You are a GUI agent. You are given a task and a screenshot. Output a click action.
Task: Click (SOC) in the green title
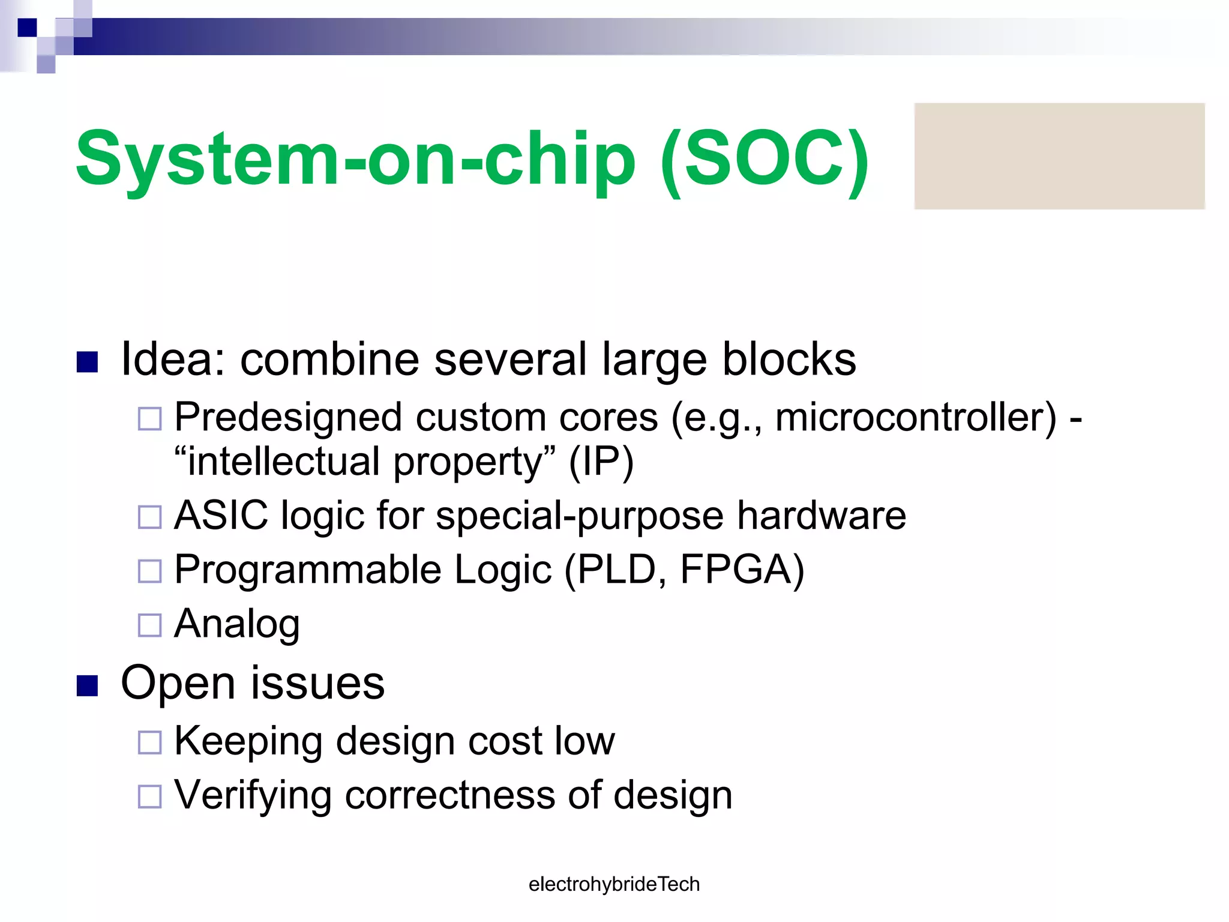coord(764,159)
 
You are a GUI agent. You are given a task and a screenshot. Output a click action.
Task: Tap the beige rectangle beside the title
coord(1059,156)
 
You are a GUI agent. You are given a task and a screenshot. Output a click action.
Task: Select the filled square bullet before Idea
coord(88,362)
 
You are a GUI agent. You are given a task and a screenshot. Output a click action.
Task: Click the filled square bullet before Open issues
coord(88,685)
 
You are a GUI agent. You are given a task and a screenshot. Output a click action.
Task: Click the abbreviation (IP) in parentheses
coord(601,462)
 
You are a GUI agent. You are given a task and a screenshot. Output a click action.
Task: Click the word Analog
coord(237,624)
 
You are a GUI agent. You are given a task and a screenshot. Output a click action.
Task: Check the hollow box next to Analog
coord(150,625)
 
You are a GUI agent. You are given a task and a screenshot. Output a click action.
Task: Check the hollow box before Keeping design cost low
coord(150,742)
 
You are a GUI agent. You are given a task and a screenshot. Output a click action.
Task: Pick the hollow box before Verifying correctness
coord(150,797)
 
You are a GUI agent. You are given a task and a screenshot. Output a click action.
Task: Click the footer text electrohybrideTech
coord(614,884)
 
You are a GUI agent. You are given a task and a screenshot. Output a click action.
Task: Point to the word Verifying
coord(253,795)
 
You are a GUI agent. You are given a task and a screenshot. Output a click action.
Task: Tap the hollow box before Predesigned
coord(150,418)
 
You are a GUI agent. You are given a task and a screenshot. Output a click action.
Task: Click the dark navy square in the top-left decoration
coord(28,28)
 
